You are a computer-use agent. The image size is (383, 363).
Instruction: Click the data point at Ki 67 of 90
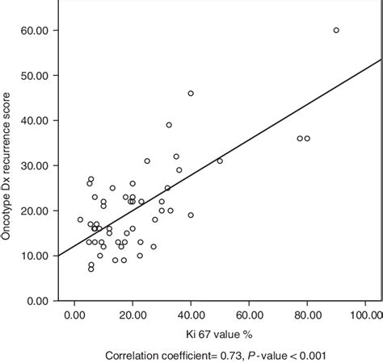[x=336, y=31]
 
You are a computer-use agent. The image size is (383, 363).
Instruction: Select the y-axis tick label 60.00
[x=36, y=31]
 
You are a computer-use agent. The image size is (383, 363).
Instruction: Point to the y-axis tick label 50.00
[x=36, y=75]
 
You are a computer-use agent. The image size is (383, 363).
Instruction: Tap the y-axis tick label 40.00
[x=36, y=120]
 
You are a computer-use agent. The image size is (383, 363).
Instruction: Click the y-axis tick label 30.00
[x=36, y=165]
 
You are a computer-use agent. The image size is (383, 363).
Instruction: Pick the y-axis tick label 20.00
[x=36, y=211]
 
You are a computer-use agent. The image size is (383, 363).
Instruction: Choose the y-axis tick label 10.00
[x=36, y=256]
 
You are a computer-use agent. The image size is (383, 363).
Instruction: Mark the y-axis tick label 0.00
[x=39, y=301]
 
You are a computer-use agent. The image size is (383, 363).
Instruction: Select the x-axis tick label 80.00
[x=307, y=315]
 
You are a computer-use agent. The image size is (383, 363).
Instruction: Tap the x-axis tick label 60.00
[x=249, y=315]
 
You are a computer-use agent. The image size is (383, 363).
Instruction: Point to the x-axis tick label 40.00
[x=191, y=315]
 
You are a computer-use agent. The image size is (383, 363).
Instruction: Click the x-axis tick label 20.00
[x=133, y=315]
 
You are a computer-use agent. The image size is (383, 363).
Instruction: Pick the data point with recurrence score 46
[x=191, y=94]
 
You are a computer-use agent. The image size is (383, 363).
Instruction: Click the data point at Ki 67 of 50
[x=220, y=161]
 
